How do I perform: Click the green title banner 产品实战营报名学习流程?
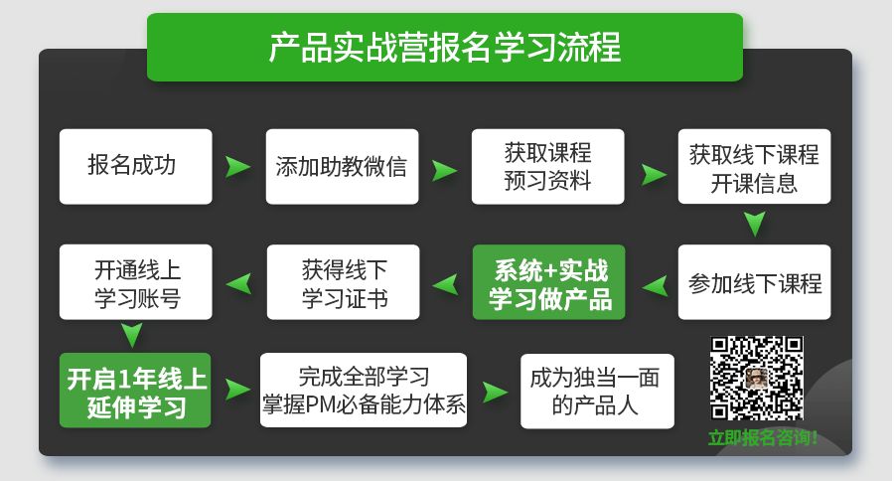444,48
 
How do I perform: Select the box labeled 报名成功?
135,166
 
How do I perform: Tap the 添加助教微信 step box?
342,166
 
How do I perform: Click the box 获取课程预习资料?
547,166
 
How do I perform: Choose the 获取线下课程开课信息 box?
754,166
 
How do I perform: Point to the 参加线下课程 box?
754,282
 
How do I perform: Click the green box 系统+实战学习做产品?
548,282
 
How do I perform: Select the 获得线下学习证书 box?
342,282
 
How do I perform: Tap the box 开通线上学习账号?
135,282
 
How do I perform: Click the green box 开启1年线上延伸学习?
135,391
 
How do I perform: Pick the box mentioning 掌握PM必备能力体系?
363,391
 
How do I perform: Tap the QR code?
757,379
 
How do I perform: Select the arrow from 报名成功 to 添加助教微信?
237,167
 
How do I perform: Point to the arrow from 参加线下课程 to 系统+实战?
653,286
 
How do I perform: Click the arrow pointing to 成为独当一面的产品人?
494,390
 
